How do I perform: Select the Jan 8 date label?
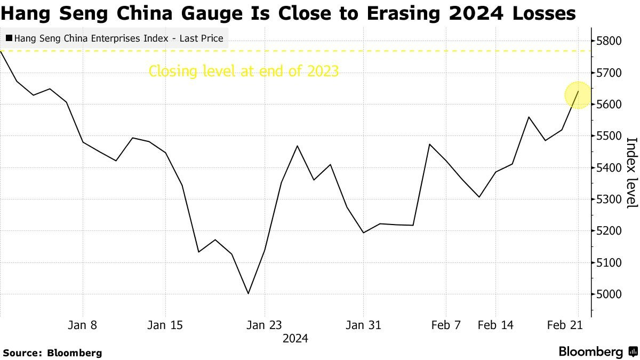pyautogui.click(x=83, y=325)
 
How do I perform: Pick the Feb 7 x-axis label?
pyautogui.click(x=445, y=325)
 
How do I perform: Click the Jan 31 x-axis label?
pyautogui.click(x=364, y=325)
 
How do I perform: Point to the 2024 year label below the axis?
pyautogui.click(x=295, y=339)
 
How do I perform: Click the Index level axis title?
pyautogui.click(x=632, y=172)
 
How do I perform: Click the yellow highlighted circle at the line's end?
pyautogui.click(x=578, y=95)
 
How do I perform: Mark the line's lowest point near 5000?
pyautogui.click(x=248, y=293)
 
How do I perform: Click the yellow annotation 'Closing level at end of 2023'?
pyautogui.click(x=244, y=71)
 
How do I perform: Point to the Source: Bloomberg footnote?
pyautogui.click(x=52, y=353)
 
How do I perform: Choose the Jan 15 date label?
pyautogui.click(x=165, y=325)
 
